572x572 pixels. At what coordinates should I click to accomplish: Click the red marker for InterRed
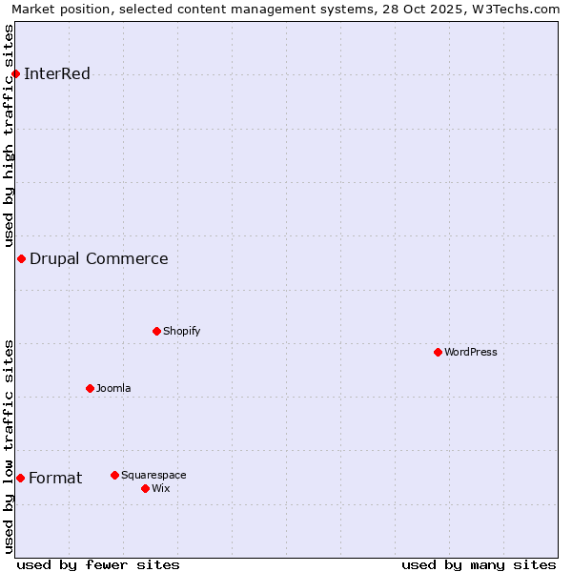click(x=15, y=73)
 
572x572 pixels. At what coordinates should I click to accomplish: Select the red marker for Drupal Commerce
click(x=21, y=258)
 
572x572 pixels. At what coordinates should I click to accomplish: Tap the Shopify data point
click(x=156, y=331)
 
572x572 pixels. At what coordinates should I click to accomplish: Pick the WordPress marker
click(x=438, y=352)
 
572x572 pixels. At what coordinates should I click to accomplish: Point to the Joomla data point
click(x=90, y=388)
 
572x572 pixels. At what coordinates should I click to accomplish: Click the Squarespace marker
click(x=114, y=475)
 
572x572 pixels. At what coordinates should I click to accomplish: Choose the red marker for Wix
click(x=145, y=488)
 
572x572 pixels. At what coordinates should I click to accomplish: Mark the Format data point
click(x=20, y=478)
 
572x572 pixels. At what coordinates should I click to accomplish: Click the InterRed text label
click(x=57, y=74)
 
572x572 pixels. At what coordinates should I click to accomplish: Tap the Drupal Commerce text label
click(x=99, y=258)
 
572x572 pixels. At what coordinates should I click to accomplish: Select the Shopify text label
click(x=182, y=331)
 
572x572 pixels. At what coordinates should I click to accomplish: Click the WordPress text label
click(x=471, y=352)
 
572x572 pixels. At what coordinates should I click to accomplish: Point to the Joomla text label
click(x=113, y=388)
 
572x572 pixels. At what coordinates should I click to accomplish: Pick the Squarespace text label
click(x=153, y=475)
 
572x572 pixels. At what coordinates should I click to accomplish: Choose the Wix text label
click(x=161, y=488)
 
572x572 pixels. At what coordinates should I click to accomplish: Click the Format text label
click(x=55, y=478)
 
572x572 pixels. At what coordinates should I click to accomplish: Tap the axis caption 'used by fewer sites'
click(x=98, y=564)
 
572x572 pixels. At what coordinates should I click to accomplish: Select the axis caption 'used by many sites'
click(x=479, y=564)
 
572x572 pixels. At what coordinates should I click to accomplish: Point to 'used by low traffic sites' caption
click(x=10, y=446)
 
